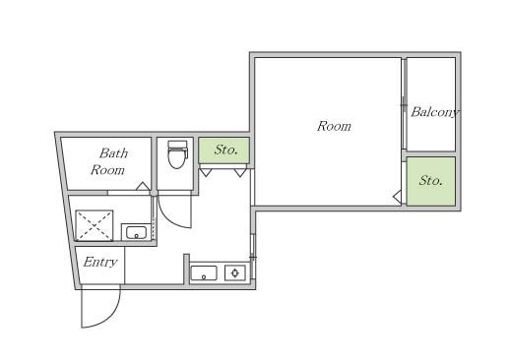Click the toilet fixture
click(x=177, y=154)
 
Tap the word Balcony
click(x=435, y=112)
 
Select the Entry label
click(x=100, y=262)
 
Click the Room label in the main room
click(x=334, y=126)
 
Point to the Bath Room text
click(x=109, y=161)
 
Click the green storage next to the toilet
click(x=224, y=150)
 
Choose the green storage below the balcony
click(x=431, y=181)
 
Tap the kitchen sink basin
click(x=204, y=273)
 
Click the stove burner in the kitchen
click(x=235, y=272)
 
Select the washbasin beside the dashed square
click(x=136, y=232)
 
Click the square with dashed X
click(x=95, y=225)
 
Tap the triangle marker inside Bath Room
click(x=143, y=186)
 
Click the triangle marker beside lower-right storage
click(x=397, y=197)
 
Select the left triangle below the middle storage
click(x=205, y=172)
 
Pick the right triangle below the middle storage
click(x=240, y=173)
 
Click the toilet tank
click(x=177, y=145)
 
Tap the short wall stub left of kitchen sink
click(x=186, y=269)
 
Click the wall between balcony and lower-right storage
click(x=430, y=154)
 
